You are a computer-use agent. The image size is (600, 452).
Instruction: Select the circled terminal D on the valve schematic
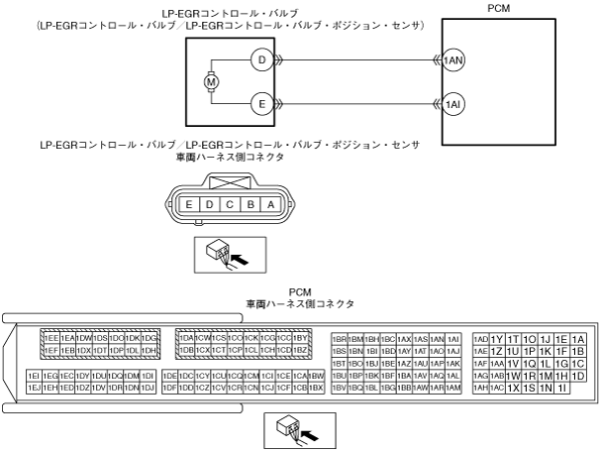pyautogui.click(x=261, y=59)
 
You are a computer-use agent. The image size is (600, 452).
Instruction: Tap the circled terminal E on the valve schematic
pyautogui.click(x=261, y=103)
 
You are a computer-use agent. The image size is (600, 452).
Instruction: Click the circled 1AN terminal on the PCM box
pyautogui.click(x=454, y=59)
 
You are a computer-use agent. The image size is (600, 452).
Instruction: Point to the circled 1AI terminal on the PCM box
pyautogui.click(x=454, y=103)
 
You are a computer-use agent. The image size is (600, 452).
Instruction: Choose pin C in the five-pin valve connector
pyautogui.click(x=229, y=203)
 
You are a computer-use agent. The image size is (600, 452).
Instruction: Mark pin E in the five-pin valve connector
pyautogui.click(x=188, y=203)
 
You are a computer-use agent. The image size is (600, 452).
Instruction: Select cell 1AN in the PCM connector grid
pyautogui.click(x=437, y=338)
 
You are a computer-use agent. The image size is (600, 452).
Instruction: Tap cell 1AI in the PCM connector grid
pyautogui.click(x=453, y=338)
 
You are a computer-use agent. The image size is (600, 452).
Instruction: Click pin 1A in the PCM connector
pyautogui.click(x=578, y=338)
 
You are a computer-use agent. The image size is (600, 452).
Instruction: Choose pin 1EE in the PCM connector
pyautogui.click(x=51, y=338)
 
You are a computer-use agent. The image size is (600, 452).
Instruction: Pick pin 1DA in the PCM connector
pyautogui.click(x=185, y=338)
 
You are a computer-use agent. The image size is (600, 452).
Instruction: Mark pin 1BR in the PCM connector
pyautogui.click(x=340, y=338)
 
